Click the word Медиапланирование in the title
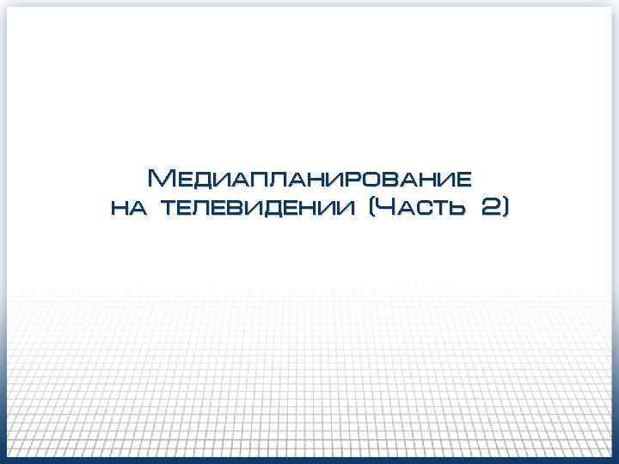[309, 179]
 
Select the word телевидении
[257, 208]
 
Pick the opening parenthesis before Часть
[371, 207]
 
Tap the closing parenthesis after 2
[506, 207]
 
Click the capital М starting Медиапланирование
[161, 179]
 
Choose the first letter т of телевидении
[169, 209]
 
